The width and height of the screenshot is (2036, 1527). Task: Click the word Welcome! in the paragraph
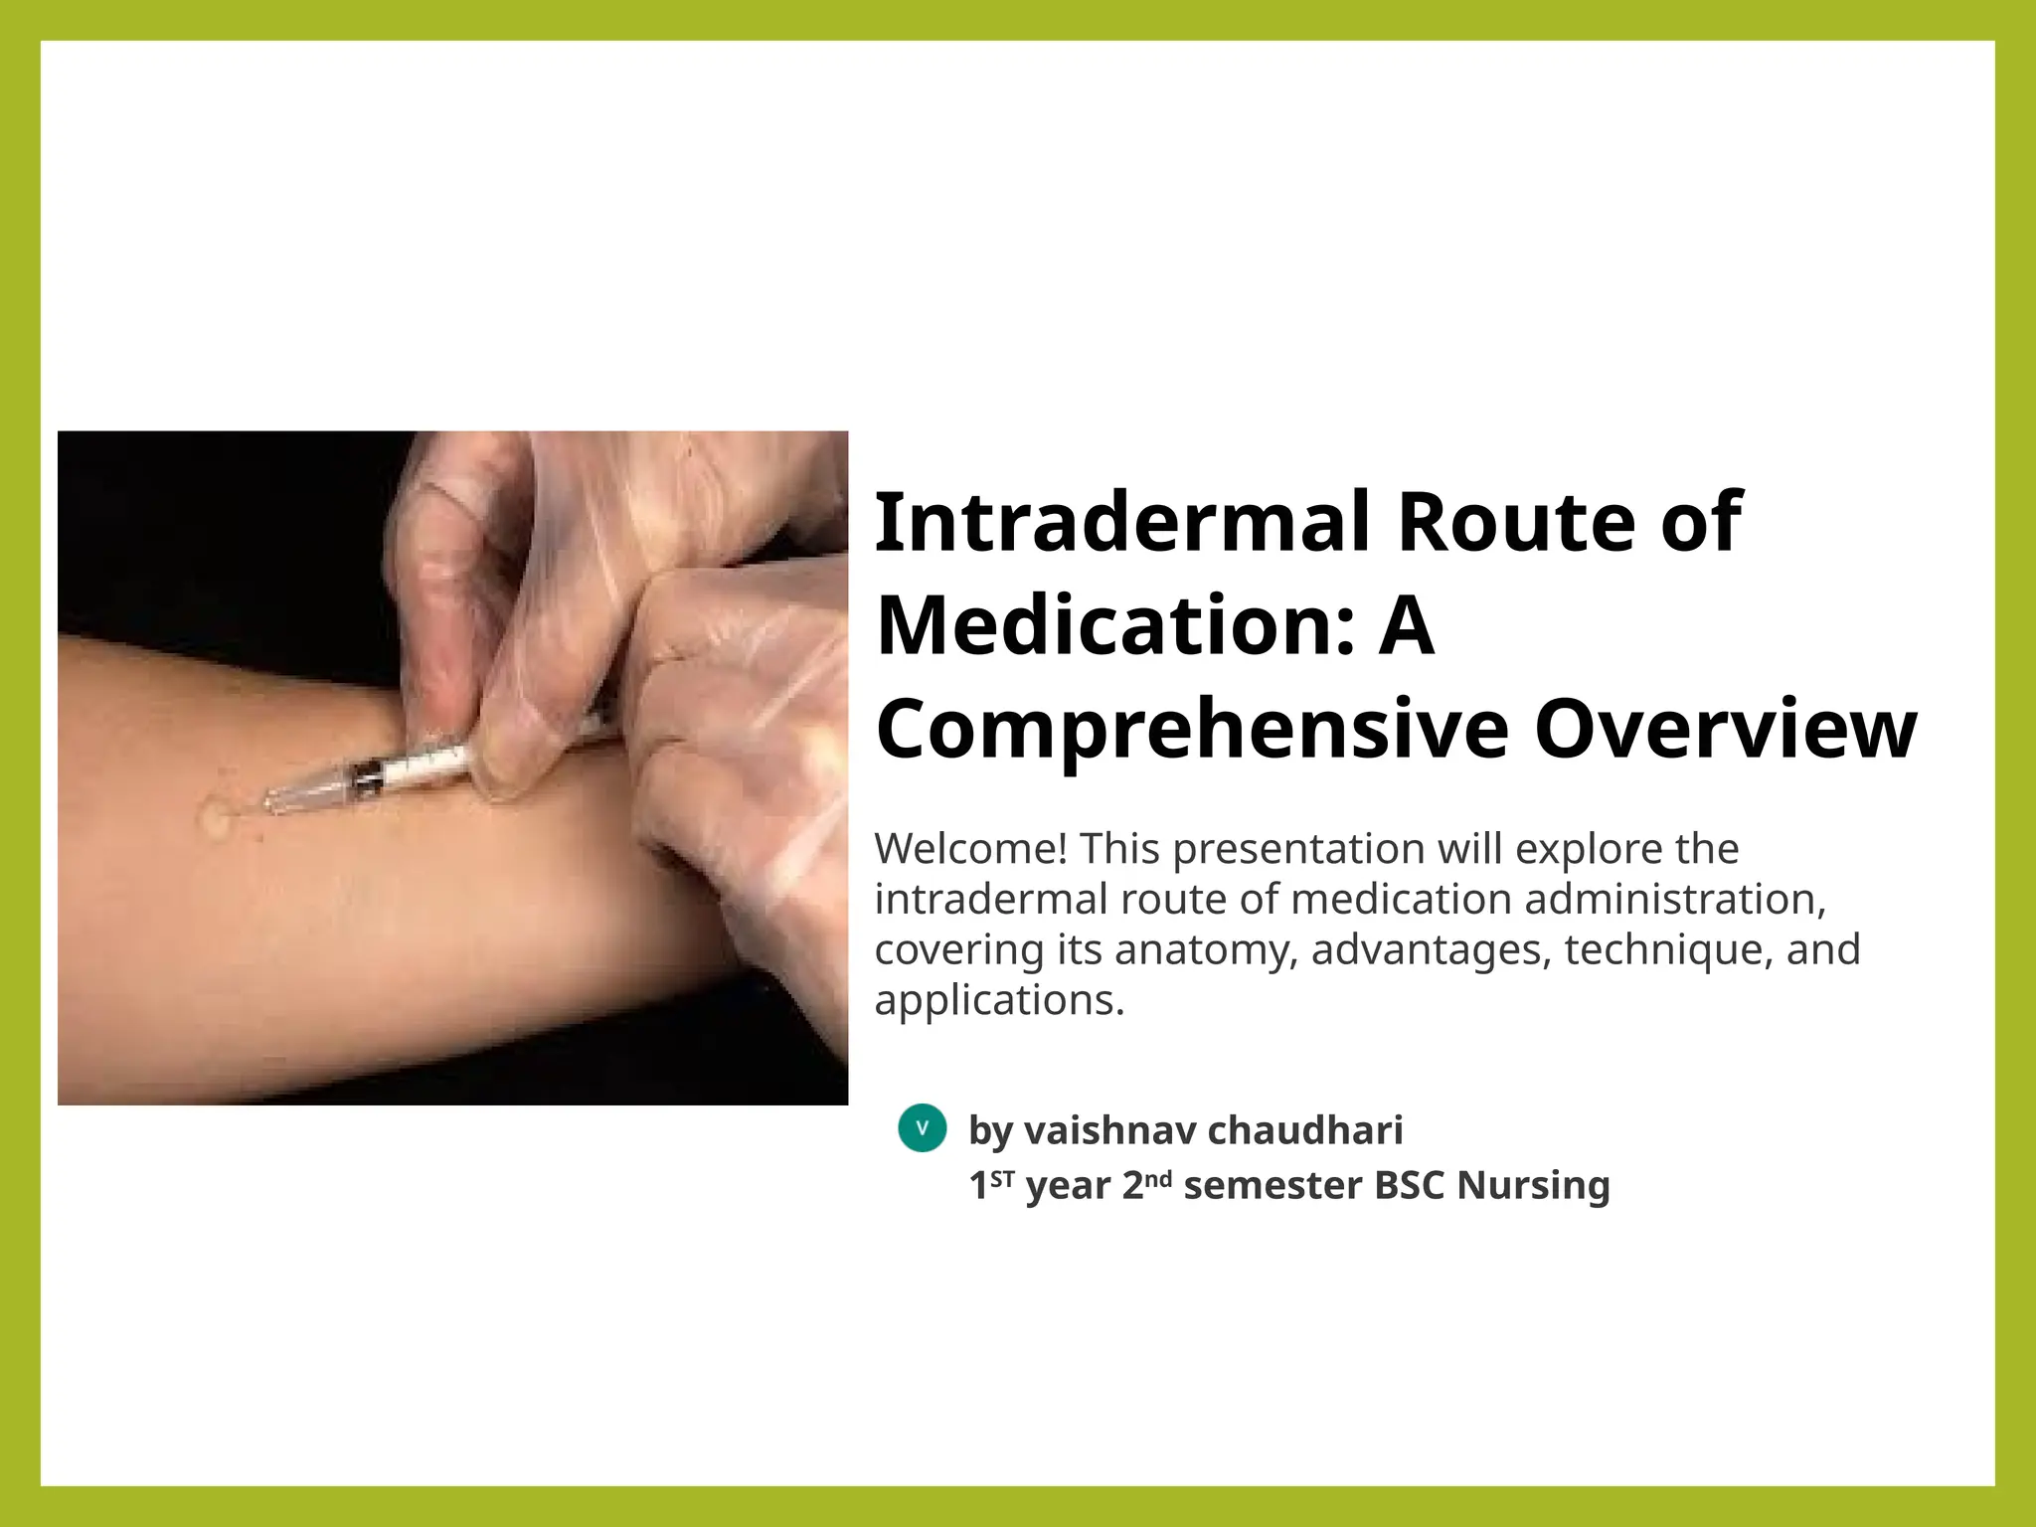point(971,849)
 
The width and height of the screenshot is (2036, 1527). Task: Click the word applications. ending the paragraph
point(999,1000)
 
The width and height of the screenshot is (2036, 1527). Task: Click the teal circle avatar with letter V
point(922,1128)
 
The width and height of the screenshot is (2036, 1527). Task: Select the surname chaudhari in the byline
point(1304,1130)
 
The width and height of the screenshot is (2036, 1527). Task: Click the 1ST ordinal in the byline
point(991,1184)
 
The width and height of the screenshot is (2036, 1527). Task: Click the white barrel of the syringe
point(427,768)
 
